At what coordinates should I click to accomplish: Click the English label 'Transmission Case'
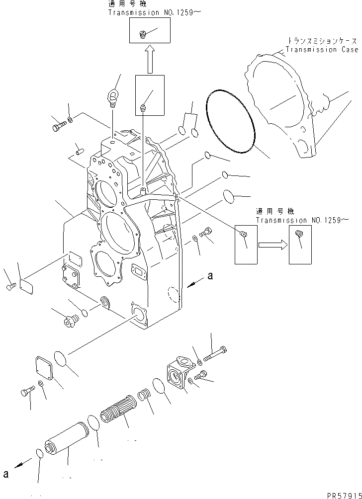click(321, 50)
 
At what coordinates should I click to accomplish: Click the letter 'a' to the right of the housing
click(210, 276)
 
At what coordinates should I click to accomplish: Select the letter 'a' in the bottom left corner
click(5, 474)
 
